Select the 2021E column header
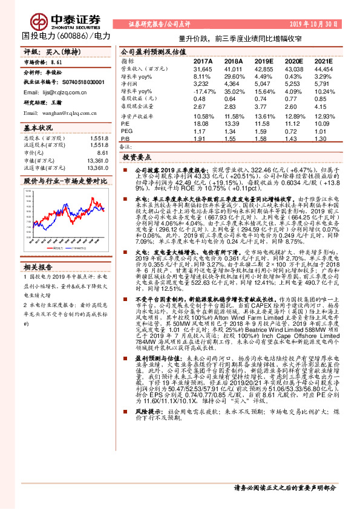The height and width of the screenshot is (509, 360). click(324, 62)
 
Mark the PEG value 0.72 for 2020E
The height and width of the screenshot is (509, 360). click(296, 131)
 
